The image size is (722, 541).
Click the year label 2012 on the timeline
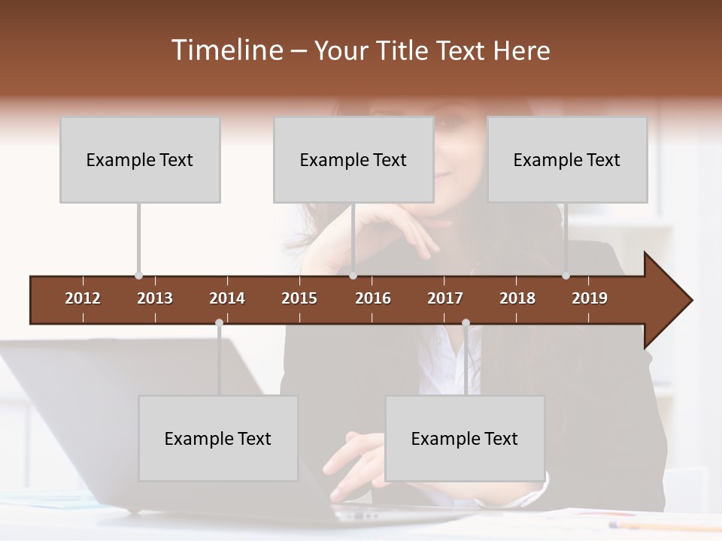click(x=83, y=298)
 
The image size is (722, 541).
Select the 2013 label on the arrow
click(x=155, y=298)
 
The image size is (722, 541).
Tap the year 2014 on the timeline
click(x=227, y=298)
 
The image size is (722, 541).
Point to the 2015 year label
click(x=299, y=298)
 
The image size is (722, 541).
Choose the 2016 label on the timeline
click(x=373, y=298)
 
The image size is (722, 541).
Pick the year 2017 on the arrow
click(x=445, y=298)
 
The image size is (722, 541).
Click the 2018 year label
click(x=517, y=298)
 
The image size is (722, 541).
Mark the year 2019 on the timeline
click(x=590, y=298)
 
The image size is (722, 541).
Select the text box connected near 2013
click(x=140, y=159)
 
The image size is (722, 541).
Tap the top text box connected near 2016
click(x=353, y=159)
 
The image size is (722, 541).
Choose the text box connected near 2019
click(x=567, y=159)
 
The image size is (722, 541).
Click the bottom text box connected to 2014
click(x=218, y=438)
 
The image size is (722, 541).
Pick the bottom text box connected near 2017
click(x=465, y=438)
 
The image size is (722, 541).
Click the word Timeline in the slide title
click(x=226, y=50)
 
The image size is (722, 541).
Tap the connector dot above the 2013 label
click(x=138, y=276)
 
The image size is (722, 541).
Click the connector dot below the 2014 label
click(x=219, y=323)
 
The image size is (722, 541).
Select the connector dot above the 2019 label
click(x=566, y=276)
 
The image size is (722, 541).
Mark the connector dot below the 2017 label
click(x=466, y=323)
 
